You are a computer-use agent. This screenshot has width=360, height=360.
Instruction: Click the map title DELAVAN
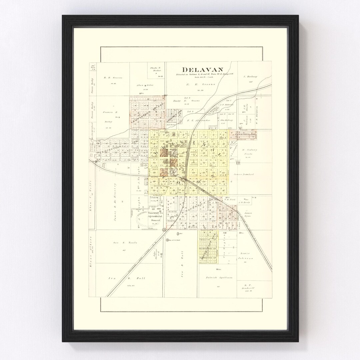pyautogui.click(x=198, y=69)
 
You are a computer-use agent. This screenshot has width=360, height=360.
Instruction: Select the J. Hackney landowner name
pyautogui.click(x=249, y=77)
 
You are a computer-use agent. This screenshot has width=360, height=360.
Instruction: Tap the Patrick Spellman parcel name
pyautogui.click(x=218, y=277)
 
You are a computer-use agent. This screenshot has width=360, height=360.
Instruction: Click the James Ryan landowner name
pyautogui.click(x=248, y=215)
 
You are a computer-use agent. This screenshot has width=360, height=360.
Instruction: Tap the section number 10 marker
pyautogui.click(x=238, y=163)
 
